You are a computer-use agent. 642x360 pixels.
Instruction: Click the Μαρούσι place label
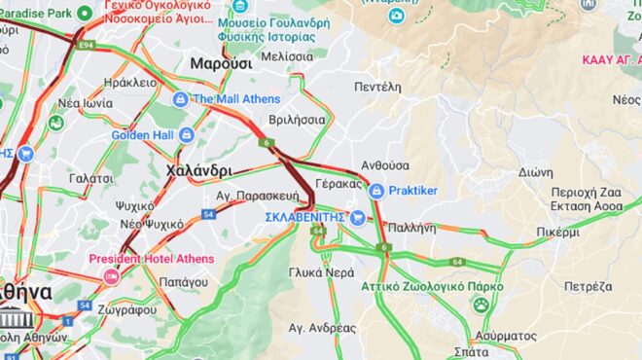pos(221,63)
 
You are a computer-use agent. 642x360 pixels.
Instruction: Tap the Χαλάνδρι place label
pos(198,170)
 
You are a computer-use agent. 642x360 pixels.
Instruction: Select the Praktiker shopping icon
pos(376,191)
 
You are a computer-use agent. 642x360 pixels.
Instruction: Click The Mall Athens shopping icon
pos(180,99)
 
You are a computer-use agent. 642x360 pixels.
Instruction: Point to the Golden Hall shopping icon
pos(186,134)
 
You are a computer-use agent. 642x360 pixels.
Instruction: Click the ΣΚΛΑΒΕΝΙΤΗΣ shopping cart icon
pos(358,217)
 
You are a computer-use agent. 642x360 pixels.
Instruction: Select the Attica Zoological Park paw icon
pos(481,306)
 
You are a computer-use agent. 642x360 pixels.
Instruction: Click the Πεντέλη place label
pos(378,86)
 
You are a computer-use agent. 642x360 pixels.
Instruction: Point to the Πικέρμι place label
pos(557,233)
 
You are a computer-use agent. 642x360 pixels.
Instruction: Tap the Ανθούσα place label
pos(385,165)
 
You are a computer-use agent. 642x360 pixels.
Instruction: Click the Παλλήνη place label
pos(411,226)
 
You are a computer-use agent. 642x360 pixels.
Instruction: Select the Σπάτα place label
pos(471,351)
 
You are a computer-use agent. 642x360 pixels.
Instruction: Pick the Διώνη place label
pos(536,171)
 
